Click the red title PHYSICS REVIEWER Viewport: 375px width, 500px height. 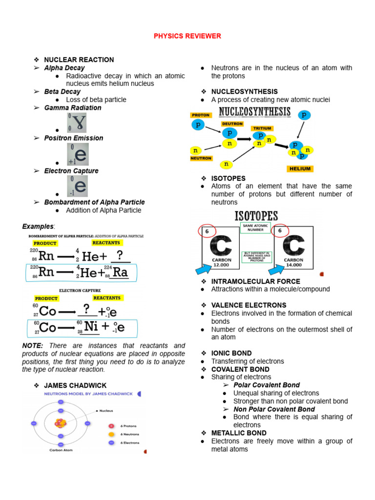pos(187,36)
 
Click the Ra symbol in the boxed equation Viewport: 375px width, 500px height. pos(119,272)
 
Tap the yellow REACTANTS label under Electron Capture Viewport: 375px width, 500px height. pos(107,297)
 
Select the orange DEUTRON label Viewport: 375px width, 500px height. pos(232,124)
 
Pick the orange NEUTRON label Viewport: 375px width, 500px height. pos(201,158)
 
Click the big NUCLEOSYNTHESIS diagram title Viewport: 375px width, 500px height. pos(251,112)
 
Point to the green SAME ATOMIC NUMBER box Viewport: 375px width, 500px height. pos(255,228)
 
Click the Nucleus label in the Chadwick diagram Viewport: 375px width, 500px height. pos(106,411)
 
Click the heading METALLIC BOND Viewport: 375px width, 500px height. pos(239,433)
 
